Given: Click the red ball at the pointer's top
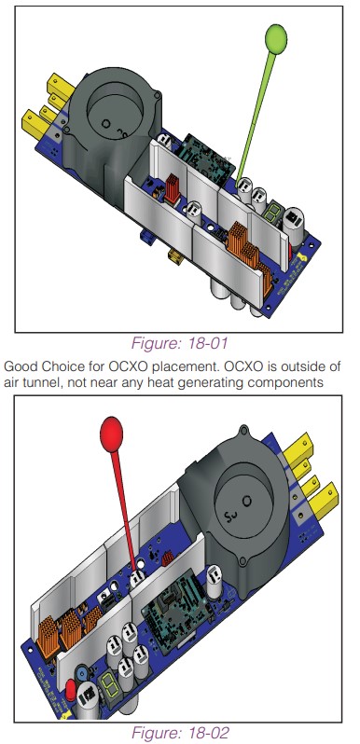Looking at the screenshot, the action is pyautogui.click(x=112, y=434).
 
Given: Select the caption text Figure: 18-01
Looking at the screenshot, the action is pyautogui.click(x=179, y=342).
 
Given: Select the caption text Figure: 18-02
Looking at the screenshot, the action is pyautogui.click(x=180, y=732).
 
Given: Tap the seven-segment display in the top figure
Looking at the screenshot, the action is pyautogui.click(x=270, y=214).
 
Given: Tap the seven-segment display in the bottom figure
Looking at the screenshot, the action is pyautogui.click(x=108, y=683).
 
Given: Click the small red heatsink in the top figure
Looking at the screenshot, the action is pyautogui.click(x=172, y=189).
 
